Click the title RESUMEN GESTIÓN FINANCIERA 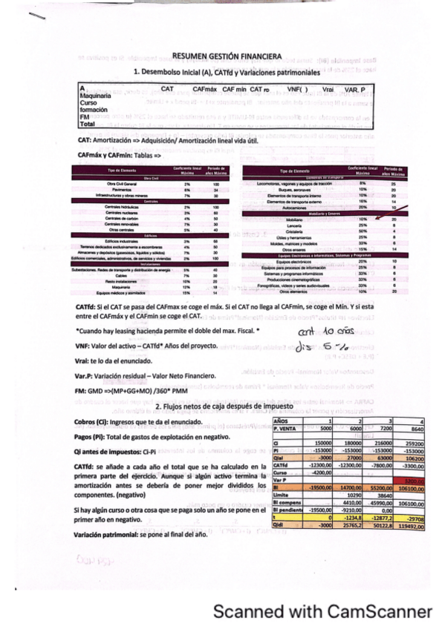pyautogui.click(x=227, y=56)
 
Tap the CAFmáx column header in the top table pyautogui.click(x=206, y=89)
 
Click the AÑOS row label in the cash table pyautogui.click(x=282, y=421)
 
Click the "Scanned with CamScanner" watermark pyautogui.click(x=322, y=612)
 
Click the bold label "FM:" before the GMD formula pyautogui.click(x=82, y=390)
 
